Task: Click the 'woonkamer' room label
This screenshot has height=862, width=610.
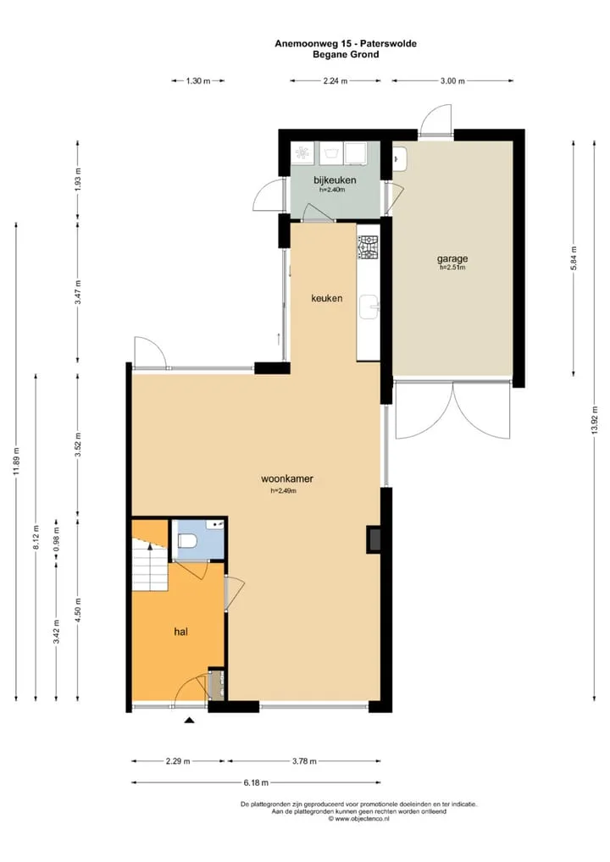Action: tap(287, 478)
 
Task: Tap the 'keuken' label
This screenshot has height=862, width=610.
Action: tap(327, 298)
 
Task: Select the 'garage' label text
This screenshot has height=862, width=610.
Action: tap(452, 258)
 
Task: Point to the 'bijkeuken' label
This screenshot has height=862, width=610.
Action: tap(335, 180)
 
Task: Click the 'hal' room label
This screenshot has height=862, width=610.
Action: tap(181, 632)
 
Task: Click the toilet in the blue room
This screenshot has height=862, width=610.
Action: tap(187, 542)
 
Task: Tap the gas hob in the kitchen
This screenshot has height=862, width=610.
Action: tap(368, 247)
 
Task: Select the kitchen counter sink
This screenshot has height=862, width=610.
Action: tap(369, 307)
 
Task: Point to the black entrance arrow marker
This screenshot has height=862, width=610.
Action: tap(189, 720)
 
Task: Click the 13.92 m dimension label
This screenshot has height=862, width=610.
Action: tap(594, 421)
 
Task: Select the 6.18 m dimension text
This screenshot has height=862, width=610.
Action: tap(256, 782)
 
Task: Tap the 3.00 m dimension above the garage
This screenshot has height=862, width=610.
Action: tap(452, 80)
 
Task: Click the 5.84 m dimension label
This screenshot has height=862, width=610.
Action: tap(574, 257)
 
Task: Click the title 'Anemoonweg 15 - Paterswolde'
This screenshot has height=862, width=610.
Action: tap(346, 44)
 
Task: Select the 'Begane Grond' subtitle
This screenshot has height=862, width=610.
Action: tap(346, 54)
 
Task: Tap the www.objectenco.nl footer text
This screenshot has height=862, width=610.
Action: tap(358, 819)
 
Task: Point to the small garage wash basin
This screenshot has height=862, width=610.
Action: tap(398, 159)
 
